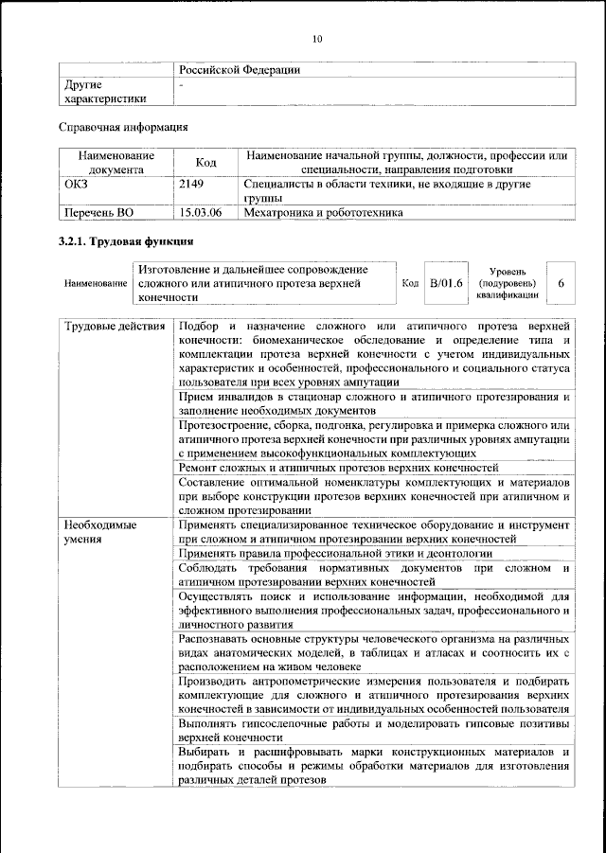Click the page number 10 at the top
[317, 38]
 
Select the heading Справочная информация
[122, 126]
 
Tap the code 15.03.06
[201, 213]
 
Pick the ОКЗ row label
[75, 185]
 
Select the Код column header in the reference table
[205, 163]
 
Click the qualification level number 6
[561, 283]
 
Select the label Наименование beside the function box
[96, 283]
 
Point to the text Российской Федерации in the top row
[240, 70]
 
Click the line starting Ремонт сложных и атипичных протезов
[338, 468]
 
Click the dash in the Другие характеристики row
[181, 84]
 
